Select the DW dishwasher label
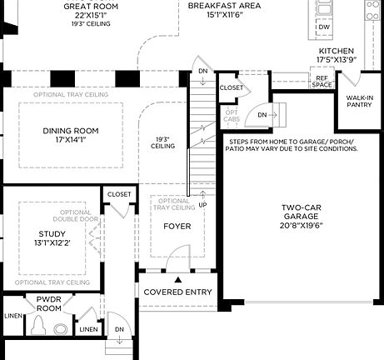click(x=324, y=27)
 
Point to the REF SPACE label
click(x=322, y=82)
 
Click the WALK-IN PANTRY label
click(x=359, y=102)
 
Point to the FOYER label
click(x=176, y=226)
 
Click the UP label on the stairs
click(x=202, y=204)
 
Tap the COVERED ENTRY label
click(x=177, y=292)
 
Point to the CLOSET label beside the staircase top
click(x=231, y=87)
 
